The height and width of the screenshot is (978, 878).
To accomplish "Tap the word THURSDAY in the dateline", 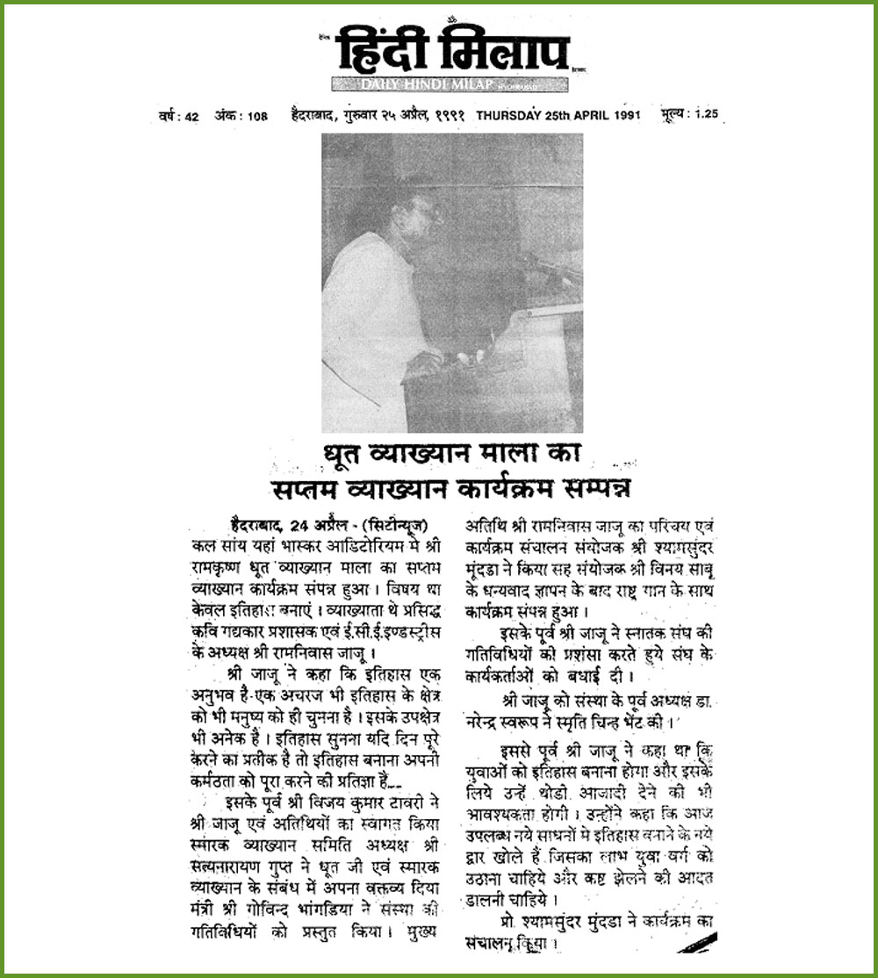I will click(512, 115).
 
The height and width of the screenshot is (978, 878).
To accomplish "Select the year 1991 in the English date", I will click(623, 115).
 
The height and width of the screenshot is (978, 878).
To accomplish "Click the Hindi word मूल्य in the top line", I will click(674, 115).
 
